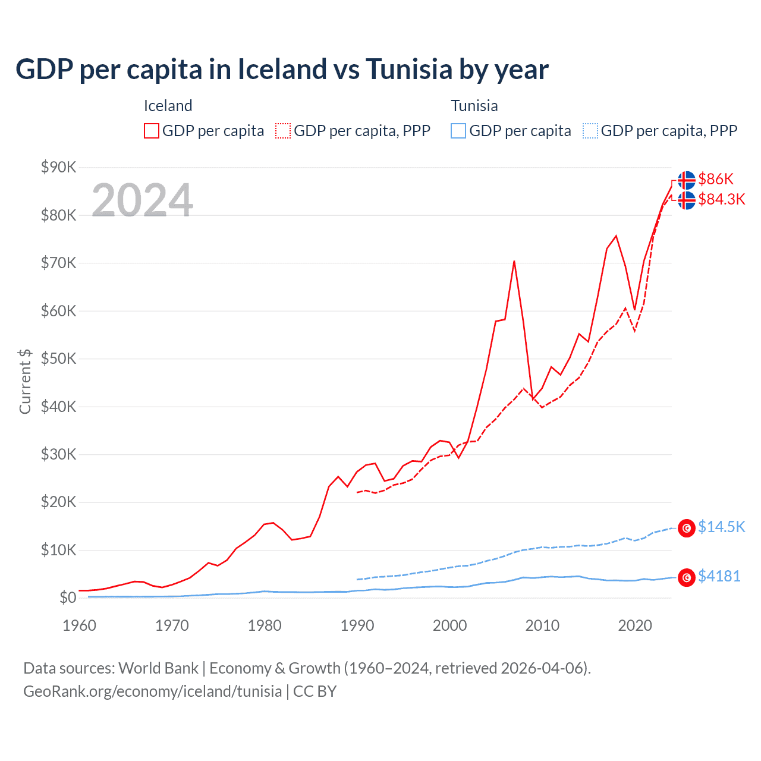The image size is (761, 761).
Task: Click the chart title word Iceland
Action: [x=282, y=70]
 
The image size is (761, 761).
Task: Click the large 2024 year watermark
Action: [x=142, y=200]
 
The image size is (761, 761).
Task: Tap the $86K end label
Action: [x=716, y=179]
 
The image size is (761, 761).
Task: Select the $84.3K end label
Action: [x=721, y=199]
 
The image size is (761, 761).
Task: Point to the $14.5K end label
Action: [x=721, y=527]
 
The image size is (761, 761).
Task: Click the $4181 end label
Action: [x=719, y=576]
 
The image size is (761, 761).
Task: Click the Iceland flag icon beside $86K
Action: [x=687, y=180]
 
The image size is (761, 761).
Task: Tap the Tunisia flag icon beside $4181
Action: [x=687, y=577]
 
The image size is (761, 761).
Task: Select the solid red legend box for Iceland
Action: [x=152, y=131]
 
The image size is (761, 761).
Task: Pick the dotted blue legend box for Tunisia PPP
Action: [x=590, y=131]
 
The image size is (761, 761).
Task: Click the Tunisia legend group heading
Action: [x=474, y=106]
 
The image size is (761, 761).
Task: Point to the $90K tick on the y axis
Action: [x=58, y=167]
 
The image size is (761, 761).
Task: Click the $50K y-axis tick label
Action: [x=58, y=359]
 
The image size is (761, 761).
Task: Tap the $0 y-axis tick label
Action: [x=68, y=598]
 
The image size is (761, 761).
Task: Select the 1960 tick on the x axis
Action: [x=79, y=625]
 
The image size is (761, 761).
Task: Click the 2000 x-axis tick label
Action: [x=449, y=625]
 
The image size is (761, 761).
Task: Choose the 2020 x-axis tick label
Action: [x=635, y=625]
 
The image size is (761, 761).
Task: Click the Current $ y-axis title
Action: [x=25, y=381]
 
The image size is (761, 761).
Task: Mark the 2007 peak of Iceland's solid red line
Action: [x=514, y=261]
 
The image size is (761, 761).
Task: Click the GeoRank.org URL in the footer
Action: [x=152, y=691]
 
